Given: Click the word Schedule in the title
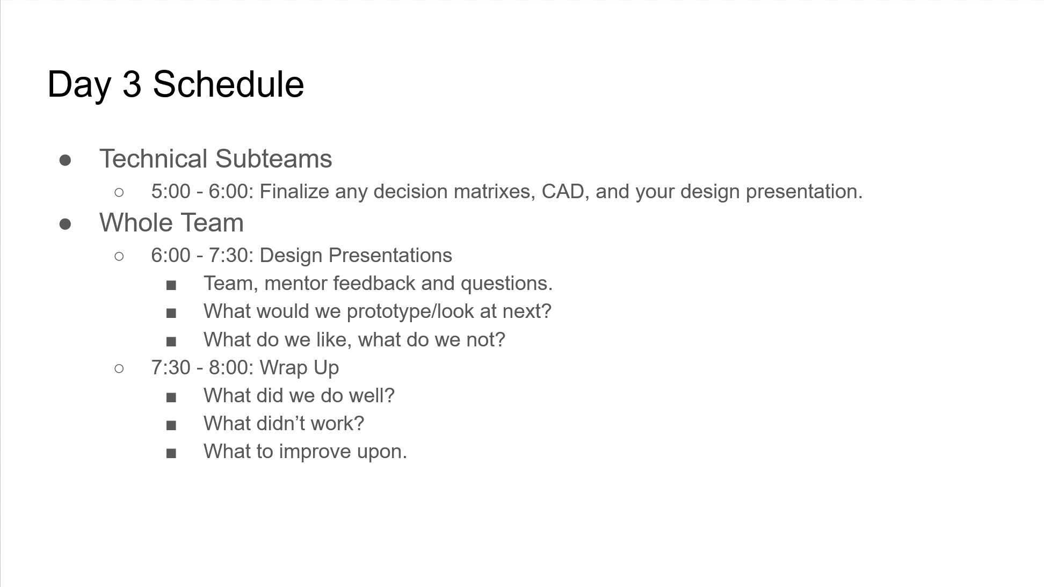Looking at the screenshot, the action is pyautogui.click(x=228, y=84).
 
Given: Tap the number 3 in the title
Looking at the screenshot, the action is pyautogui.click(x=132, y=84).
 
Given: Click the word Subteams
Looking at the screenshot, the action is pyautogui.click(x=273, y=159).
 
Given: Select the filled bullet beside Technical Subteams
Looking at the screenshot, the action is pyautogui.click(x=66, y=160).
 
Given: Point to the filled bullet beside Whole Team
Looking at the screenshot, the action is pyautogui.click(x=66, y=224).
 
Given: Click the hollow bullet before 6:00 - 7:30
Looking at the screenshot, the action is pyautogui.click(x=119, y=256).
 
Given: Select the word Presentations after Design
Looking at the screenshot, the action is pyautogui.click(x=390, y=256).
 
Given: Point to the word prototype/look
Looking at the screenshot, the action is pyautogui.click(x=410, y=312).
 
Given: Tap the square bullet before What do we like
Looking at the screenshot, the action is pyautogui.click(x=171, y=342).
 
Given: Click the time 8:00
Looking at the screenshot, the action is pyautogui.click(x=231, y=368).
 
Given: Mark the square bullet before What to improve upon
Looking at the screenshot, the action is pyautogui.click(x=171, y=454).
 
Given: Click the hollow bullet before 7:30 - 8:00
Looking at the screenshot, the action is pyautogui.click(x=119, y=368).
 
